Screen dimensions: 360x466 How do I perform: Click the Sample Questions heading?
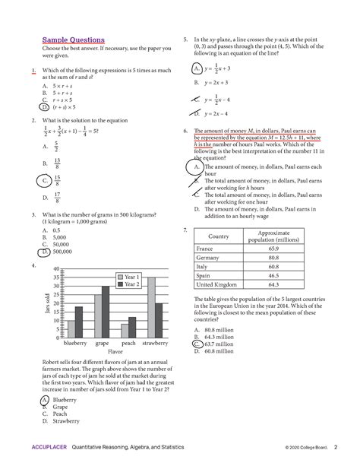point(74,40)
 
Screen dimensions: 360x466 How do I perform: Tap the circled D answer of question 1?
point(44,107)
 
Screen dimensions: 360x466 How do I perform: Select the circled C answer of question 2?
point(44,180)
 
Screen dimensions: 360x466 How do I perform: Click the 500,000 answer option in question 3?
point(62,252)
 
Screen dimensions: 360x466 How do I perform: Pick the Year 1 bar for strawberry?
point(151,308)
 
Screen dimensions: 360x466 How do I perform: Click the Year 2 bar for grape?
point(106,312)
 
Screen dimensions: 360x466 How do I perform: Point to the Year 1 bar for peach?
point(125,331)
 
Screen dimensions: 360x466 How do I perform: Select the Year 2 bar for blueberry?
point(79,322)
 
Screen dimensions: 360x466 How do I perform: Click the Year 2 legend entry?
point(128,284)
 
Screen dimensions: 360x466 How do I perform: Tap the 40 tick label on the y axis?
point(56,269)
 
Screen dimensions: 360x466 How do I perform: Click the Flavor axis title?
point(115,351)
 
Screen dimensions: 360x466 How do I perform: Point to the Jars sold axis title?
point(47,303)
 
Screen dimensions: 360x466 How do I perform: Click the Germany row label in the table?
point(207,258)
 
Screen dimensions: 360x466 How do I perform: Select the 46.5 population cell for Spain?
point(273,275)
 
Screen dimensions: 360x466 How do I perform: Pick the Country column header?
point(218,236)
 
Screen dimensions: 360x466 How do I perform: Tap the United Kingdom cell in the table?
point(216,284)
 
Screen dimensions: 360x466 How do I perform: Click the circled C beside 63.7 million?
point(197,344)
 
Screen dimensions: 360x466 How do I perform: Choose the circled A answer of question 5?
point(197,68)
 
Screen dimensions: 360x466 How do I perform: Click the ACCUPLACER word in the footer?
point(49,447)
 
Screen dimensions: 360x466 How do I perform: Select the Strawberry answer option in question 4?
point(66,421)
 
